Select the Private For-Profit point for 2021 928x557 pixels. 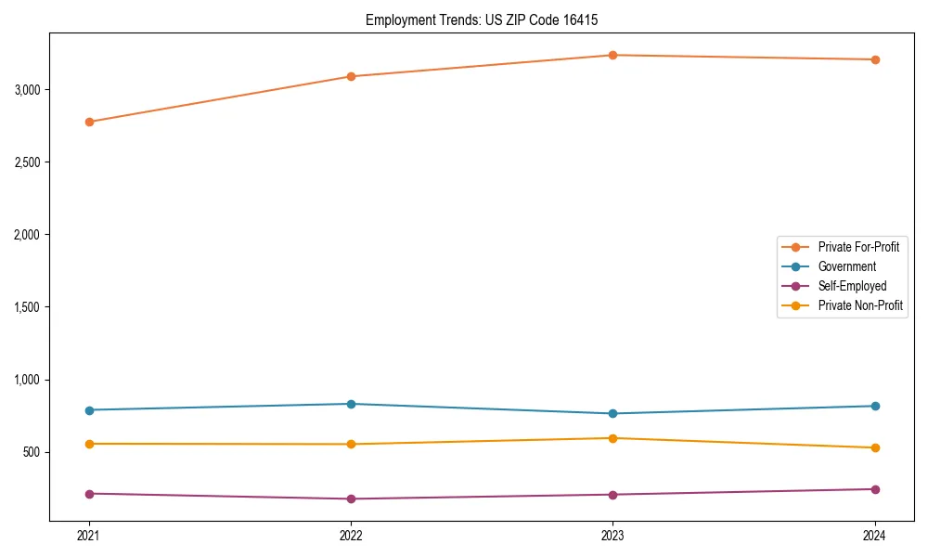point(89,122)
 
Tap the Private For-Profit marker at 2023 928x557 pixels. point(613,55)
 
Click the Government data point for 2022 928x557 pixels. point(351,404)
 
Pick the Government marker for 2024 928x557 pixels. point(875,406)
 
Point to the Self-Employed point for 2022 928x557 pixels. point(351,499)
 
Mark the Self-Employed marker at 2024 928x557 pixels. point(875,489)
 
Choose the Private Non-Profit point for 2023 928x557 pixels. point(613,438)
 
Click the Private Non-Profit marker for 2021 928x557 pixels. point(89,444)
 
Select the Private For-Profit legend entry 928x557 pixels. point(857,247)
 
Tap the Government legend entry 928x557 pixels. point(846,266)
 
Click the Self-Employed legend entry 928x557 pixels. point(852,286)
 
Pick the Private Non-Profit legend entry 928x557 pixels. point(860,305)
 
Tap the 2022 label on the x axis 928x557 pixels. point(351,536)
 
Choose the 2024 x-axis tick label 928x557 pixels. point(875,536)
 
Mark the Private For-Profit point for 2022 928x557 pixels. point(351,76)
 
